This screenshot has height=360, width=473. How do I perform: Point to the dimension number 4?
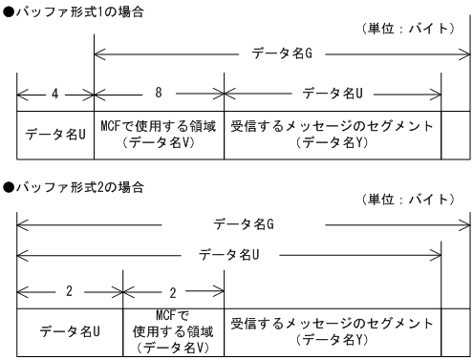[x=55, y=95]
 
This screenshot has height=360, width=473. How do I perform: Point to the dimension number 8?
[x=159, y=95]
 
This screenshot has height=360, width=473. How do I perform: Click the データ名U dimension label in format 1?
[x=333, y=95]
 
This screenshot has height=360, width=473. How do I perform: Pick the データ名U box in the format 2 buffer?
[x=70, y=331]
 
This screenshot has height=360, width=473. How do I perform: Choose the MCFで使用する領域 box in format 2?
[x=174, y=331]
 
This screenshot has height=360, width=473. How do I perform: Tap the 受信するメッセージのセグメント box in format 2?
[x=333, y=331]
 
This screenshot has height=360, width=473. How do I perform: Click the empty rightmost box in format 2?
[x=456, y=331]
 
